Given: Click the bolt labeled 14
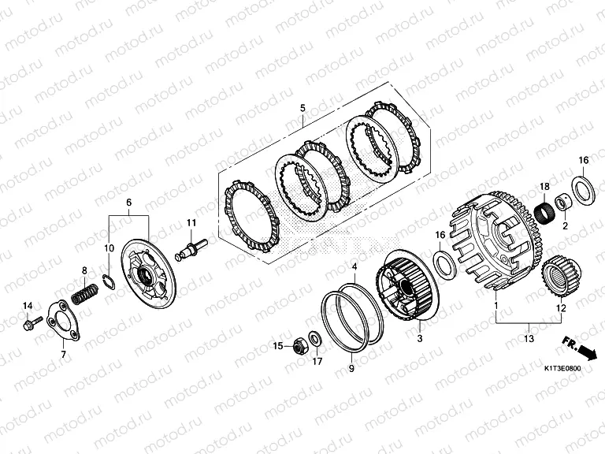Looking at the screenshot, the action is point(32,323).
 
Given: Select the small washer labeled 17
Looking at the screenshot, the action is point(315,339).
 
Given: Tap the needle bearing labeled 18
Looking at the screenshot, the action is point(544,212).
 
